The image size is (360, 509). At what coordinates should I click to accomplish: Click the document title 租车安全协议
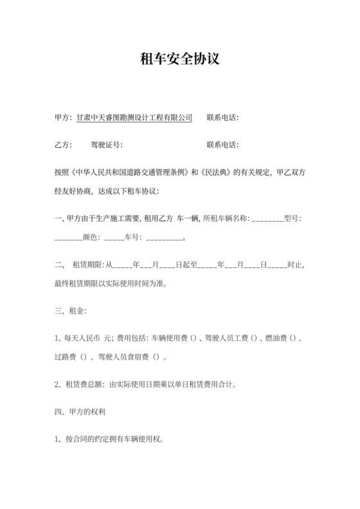coord(180,59)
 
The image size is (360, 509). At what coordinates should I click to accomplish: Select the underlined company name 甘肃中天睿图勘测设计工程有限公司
coord(134,118)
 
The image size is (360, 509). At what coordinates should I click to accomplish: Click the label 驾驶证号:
coord(106,145)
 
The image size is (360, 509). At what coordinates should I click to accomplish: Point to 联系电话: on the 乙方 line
coord(222,145)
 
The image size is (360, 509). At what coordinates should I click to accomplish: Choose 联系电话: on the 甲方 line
coord(222,118)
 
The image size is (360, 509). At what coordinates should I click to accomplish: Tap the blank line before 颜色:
coord(69,238)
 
